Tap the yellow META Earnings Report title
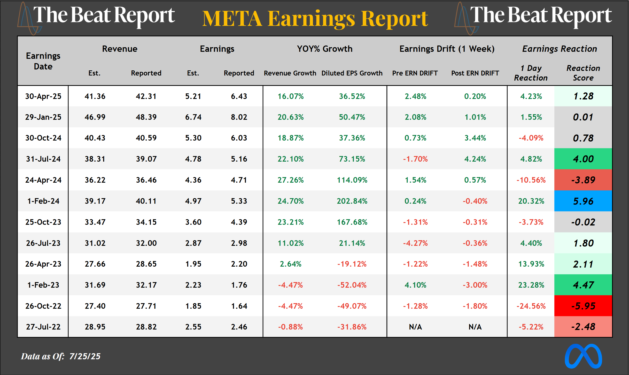(315, 19)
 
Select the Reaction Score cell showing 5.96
(583, 201)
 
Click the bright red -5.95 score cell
(583, 306)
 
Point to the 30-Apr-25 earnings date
(43, 96)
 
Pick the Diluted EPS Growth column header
(352, 73)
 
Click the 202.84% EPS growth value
(352, 201)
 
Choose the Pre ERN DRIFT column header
(415, 73)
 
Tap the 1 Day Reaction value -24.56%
(531, 306)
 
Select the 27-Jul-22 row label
(43, 327)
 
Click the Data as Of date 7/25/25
(85, 356)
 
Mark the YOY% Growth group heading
(325, 49)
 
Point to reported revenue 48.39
(146, 117)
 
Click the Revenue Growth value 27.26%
(290, 180)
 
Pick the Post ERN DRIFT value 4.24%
(475, 159)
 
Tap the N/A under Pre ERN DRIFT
(415, 327)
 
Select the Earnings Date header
(43, 61)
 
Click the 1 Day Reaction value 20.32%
(531, 201)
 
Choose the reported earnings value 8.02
(239, 117)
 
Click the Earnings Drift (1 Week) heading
(447, 49)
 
